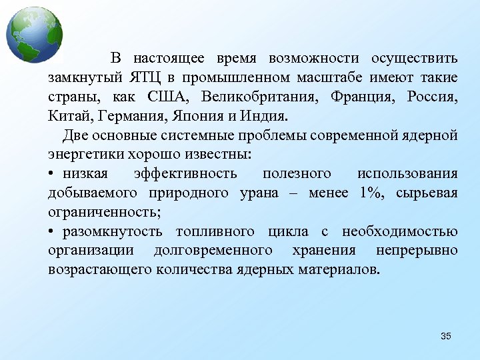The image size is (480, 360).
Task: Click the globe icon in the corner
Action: [x=34, y=35]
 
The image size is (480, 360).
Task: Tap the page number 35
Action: [x=446, y=336]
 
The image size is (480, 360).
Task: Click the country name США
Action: [x=173, y=97]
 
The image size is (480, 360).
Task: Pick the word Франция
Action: [x=357, y=97]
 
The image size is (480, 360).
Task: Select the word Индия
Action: [x=262, y=117]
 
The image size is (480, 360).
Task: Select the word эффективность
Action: [x=185, y=174]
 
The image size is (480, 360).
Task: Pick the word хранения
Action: [x=324, y=251]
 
